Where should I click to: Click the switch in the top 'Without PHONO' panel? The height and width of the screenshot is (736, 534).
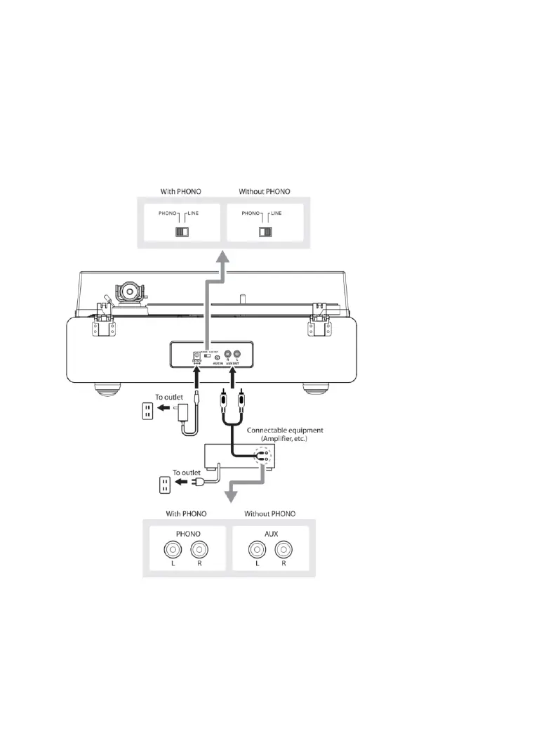[265, 231]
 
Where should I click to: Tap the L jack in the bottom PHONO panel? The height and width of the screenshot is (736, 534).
[168, 550]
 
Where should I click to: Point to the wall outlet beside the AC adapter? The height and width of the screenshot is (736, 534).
[147, 412]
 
